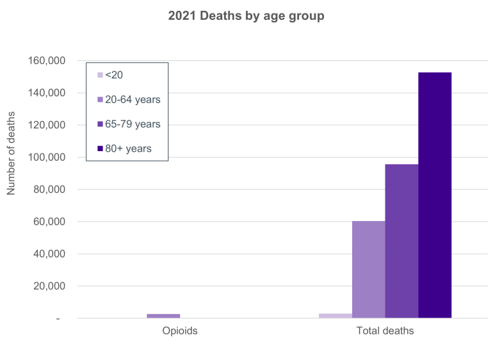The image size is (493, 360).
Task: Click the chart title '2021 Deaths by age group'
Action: pyautogui.click(x=246, y=17)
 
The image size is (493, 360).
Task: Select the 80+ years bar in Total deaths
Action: pyautogui.click(x=435, y=195)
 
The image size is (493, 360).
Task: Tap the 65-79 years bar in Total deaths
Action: pyautogui.click(x=401, y=241)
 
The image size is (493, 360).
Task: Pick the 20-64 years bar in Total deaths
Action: pyautogui.click(x=368, y=269)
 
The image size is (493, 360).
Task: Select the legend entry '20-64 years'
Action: pyautogui.click(x=132, y=99)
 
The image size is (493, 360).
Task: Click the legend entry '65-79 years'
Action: pyautogui.click(x=132, y=124)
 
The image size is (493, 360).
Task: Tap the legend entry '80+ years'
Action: pyautogui.click(x=127, y=149)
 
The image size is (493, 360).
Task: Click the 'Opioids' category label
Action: pyautogui.click(x=179, y=331)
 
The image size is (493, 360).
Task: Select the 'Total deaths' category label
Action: pyautogui.click(x=385, y=331)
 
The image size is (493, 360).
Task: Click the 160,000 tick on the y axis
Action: pyautogui.click(x=48, y=61)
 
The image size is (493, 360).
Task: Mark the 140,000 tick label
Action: pyautogui.click(x=48, y=93)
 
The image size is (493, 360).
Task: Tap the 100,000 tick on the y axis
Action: pyautogui.click(x=48, y=157)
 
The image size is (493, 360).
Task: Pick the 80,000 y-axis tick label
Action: pyautogui.click(x=51, y=190)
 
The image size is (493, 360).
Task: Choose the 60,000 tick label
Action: pyautogui.click(x=51, y=222)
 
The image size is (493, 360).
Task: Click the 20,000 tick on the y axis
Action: pyautogui.click(x=51, y=286)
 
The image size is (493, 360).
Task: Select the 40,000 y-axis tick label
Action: pyautogui.click(x=51, y=254)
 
